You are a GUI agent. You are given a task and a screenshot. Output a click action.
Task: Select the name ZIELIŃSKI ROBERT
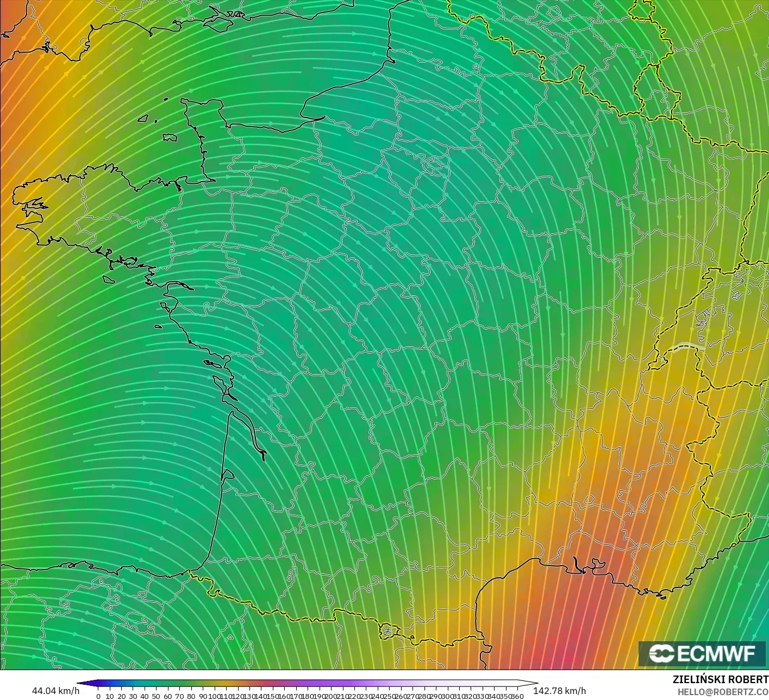point(720,679)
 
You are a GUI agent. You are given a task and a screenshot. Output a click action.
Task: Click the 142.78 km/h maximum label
point(559,691)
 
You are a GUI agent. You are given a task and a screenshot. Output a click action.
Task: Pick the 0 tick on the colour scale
point(98,696)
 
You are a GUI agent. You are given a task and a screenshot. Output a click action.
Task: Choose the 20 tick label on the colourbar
point(121,696)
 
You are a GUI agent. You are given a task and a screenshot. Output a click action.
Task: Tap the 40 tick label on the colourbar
point(145,696)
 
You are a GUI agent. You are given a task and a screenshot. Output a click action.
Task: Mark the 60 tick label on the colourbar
point(168,696)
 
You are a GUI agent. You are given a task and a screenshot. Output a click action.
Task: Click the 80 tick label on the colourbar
point(191,696)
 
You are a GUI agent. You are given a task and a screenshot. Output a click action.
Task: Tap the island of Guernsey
point(143,117)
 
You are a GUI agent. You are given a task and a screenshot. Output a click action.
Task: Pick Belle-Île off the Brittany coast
point(108,279)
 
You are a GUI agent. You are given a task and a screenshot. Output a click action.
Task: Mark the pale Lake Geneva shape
point(686,346)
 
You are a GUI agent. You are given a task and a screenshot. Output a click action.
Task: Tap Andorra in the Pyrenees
point(387,630)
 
